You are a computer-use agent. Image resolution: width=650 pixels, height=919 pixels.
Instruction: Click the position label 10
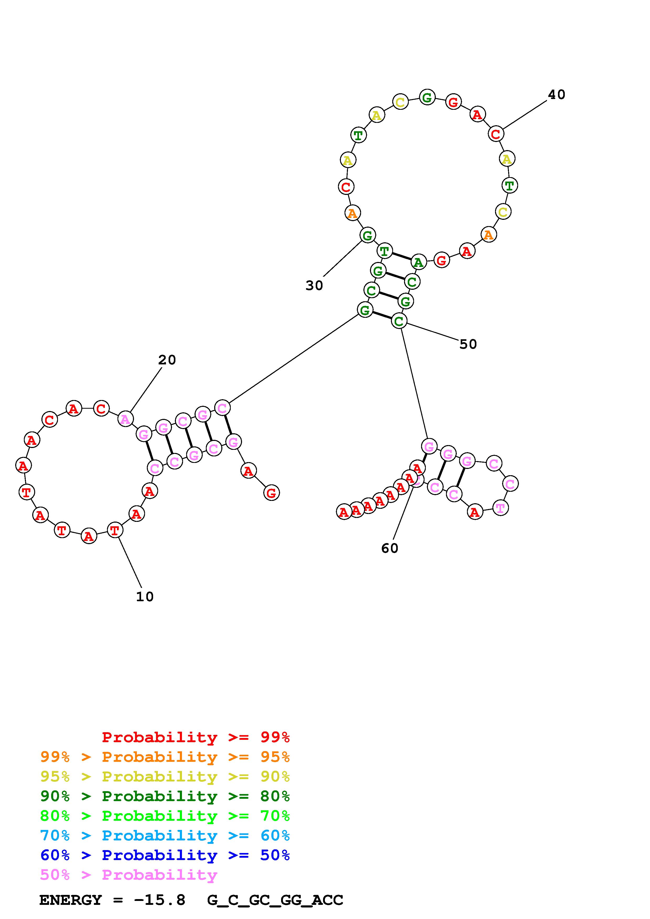pos(144,597)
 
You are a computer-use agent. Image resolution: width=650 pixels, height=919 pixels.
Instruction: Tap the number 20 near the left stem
pos(167,360)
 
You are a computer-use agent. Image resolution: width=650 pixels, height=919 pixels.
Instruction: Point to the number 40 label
pos(556,95)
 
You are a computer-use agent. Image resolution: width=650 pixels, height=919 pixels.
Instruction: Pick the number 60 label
pos(390,548)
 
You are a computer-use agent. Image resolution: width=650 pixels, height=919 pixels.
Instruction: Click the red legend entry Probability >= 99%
pos(195,737)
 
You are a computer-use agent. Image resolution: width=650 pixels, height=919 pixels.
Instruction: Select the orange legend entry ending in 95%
pos(165,757)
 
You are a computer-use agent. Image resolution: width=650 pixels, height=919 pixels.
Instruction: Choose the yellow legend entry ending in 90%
pos(165,776)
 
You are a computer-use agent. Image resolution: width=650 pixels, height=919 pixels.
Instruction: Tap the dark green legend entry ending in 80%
pos(165,796)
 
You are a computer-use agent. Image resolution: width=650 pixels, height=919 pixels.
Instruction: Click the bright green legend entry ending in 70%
pos(165,816)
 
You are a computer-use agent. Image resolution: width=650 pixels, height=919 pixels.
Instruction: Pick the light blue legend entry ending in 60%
pos(165,835)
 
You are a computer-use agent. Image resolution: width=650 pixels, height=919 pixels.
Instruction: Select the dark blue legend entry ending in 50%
pos(165,855)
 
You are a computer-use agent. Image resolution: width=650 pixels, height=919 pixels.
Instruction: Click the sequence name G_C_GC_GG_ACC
pos(275,900)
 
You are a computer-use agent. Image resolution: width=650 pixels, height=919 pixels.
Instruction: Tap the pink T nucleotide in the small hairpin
pos(500,508)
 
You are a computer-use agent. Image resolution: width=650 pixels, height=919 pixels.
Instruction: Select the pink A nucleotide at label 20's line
pos(125,419)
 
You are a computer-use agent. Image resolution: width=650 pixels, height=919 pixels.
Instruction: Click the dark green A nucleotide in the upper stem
pos(418,262)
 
